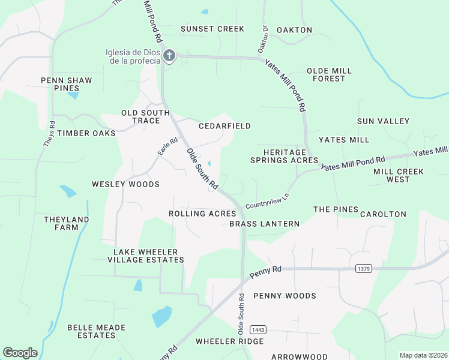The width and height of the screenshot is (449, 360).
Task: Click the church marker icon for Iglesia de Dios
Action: tap(169, 56)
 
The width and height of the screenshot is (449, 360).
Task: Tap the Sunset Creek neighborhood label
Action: tap(212, 29)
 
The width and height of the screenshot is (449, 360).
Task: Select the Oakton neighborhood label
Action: tap(294, 29)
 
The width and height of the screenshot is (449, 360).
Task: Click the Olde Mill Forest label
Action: tap(329, 74)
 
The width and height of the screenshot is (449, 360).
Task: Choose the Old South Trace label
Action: tap(140, 116)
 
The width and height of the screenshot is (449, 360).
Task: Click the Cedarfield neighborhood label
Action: tap(224, 126)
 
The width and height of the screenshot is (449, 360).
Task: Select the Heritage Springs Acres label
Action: tap(284, 157)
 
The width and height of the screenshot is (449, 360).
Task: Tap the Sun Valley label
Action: tap(383, 121)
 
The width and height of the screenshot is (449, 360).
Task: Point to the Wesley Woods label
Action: tap(125, 184)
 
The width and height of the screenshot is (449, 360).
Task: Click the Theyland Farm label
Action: tap(66, 223)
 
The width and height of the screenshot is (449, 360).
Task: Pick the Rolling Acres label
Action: tap(202, 214)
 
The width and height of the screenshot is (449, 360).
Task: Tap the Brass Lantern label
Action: tap(264, 224)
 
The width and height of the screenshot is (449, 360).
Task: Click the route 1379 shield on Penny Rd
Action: tap(362, 268)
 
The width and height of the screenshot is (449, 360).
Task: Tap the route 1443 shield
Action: tap(259, 330)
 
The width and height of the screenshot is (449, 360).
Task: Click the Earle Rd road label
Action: tap(168, 147)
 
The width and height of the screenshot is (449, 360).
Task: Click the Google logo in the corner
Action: tap(20, 353)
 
